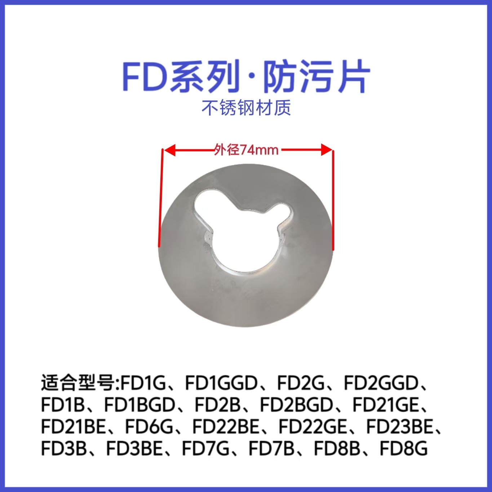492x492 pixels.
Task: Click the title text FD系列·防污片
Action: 246,76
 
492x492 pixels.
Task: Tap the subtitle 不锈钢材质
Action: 246,108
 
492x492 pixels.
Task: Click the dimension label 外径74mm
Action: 246,149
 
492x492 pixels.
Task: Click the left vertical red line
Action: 161,198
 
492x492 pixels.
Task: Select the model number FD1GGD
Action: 221,383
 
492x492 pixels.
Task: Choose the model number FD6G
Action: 149,427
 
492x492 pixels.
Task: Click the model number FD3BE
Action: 134,449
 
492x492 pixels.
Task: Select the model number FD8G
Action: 404,449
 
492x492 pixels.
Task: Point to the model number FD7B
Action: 271,449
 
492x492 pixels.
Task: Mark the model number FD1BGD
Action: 139,405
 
